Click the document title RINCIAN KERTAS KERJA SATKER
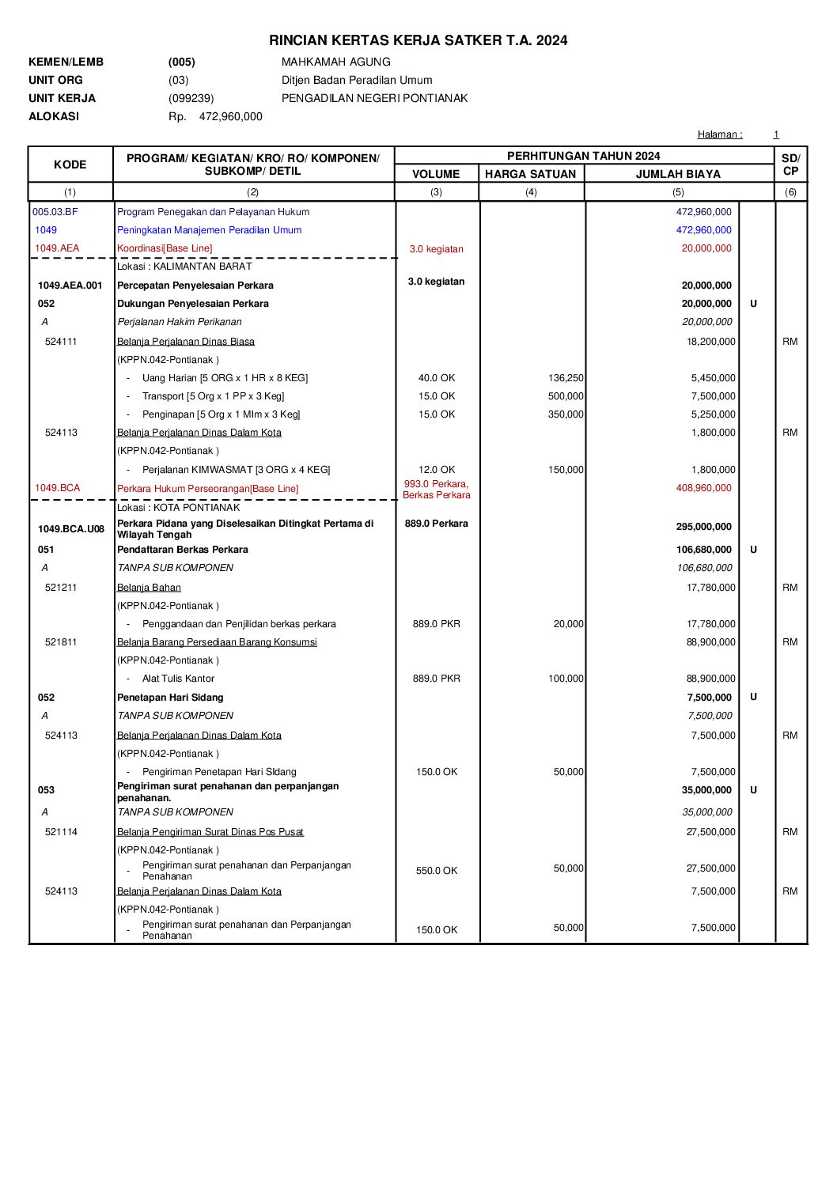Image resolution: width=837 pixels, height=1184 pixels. (x=418, y=40)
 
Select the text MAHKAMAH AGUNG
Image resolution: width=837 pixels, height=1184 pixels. (x=335, y=62)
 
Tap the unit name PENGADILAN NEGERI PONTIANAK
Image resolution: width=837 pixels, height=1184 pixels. (x=374, y=98)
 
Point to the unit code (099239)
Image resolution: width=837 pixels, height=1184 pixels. (x=191, y=98)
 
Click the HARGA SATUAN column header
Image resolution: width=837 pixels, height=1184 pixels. (x=530, y=174)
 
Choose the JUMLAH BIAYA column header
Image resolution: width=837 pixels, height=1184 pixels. (x=678, y=174)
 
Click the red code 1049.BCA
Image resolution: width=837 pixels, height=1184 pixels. (x=57, y=488)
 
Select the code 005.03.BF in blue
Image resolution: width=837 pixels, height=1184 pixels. (x=55, y=212)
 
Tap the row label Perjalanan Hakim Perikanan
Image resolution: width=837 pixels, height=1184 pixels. (x=180, y=322)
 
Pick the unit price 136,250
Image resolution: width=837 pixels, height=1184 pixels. (x=566, y=378)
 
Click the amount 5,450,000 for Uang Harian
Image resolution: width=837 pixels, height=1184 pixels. (x=713, y=378)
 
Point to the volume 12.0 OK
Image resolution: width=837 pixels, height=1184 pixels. (x=437, y=470)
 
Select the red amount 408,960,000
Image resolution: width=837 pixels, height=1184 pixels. (x=703, y=488)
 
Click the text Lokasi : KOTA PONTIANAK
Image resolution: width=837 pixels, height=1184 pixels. (x=178, y=508)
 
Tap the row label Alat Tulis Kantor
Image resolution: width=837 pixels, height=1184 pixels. (x=178, y=679)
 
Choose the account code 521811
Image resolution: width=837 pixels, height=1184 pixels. (x=61, y=642)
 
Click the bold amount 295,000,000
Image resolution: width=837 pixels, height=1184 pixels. (x=706, y=527)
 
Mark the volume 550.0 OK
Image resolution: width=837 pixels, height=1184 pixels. (x=437, y=871)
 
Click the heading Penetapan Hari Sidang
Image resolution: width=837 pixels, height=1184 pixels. (x=170, y=698)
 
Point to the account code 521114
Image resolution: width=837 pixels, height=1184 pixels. (x=61, y=832)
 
